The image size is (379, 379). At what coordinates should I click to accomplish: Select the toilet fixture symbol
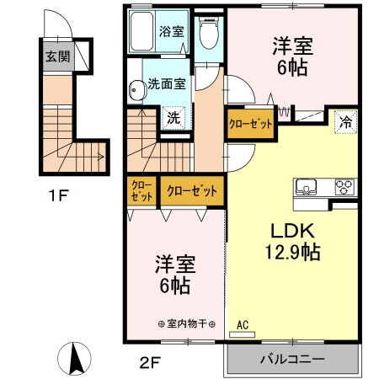coord(208,33)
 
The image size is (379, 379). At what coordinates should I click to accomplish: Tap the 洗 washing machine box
coord(172,118)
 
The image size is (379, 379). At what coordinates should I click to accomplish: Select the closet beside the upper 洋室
coord(251,124)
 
